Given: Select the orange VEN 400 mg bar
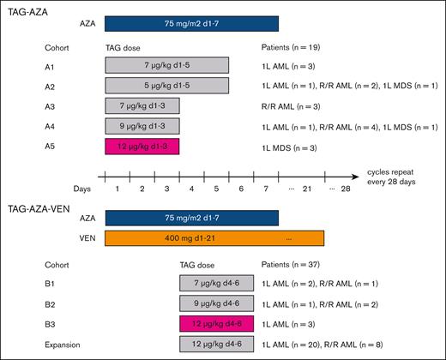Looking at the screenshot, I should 214,238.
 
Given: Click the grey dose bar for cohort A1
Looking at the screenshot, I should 166,65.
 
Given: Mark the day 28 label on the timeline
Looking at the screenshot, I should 346,188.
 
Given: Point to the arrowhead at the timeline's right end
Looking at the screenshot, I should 362,176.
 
